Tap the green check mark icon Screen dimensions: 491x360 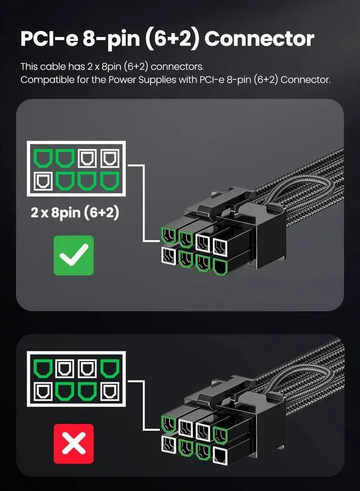point(74,255)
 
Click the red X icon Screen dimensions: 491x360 point(74,444)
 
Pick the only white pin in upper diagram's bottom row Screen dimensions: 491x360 point(43,181)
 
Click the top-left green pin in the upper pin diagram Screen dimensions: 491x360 point(43,157)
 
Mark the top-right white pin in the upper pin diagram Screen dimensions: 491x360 point(108,157)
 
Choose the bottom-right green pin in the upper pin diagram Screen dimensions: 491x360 point(108,181)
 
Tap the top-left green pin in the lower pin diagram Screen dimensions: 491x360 point(43,368)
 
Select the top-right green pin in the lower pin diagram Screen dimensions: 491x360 point(108,368)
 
